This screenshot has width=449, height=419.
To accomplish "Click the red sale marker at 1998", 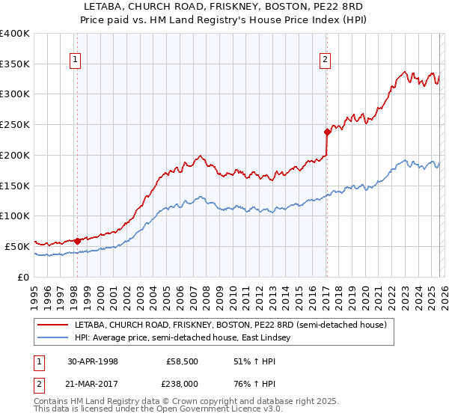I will click(x=78, y=241).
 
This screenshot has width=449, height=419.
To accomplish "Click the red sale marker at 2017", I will click(x=327, y=132).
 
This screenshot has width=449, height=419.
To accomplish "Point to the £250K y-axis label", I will click(x=15, y=125).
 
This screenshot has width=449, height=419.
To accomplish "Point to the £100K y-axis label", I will click(x=15, y=216).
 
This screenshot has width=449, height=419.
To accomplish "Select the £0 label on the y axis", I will click(x=22, y=277).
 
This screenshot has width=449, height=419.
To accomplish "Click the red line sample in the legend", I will click(x=53, y=325).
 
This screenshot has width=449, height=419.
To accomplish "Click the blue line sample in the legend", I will click(x=53, y=338).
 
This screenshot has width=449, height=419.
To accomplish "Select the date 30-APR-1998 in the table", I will click(x=92, y=361).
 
